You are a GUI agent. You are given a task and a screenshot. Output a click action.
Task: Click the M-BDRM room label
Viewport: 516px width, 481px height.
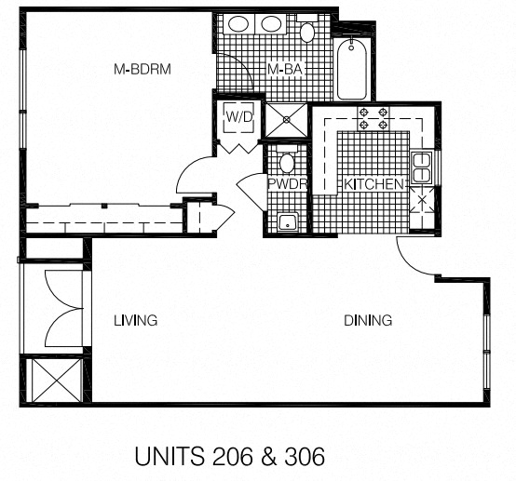[143, 70]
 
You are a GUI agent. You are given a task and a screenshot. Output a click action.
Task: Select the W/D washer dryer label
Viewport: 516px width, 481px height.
[239, 118]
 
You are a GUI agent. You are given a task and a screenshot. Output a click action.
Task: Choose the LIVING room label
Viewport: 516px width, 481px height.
[135, 320]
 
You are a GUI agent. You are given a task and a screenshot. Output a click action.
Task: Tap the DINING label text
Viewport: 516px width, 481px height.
[368, 320]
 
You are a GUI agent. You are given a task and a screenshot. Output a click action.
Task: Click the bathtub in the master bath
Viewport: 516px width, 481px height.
[354, 69]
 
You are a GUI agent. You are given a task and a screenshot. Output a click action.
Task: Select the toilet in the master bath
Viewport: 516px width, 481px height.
[307, 33]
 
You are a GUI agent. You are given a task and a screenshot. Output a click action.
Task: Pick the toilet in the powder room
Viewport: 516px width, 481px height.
[287, 164]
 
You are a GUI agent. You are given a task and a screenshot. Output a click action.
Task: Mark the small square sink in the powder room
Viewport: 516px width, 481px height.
[288, 221]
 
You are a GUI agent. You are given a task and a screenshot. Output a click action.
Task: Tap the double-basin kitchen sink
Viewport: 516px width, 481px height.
[421, 167]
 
